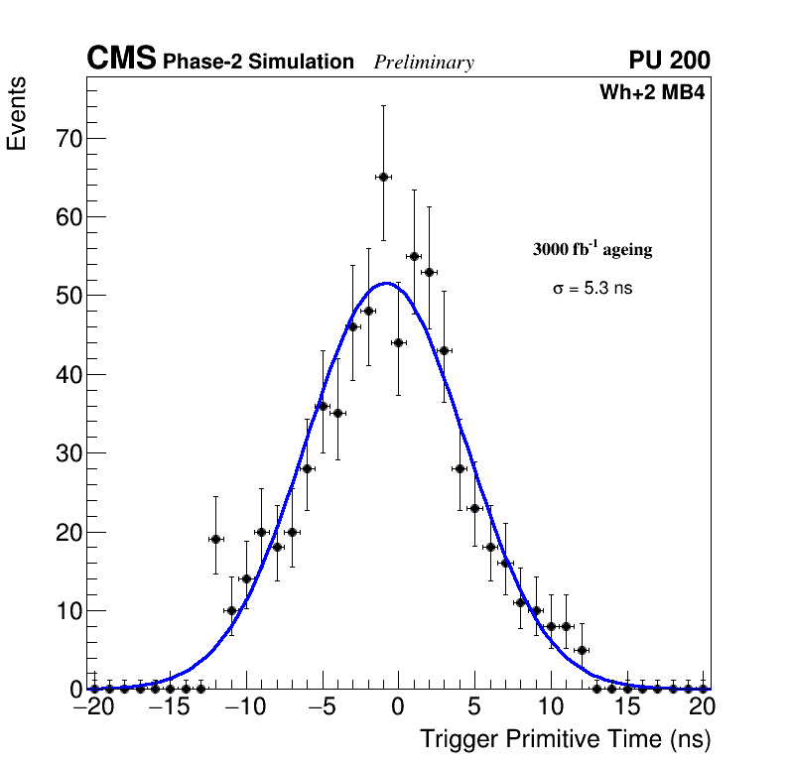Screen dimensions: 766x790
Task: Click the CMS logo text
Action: point(121,60)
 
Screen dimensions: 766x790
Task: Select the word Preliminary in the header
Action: point(424,64)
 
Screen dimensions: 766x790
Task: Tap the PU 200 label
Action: point(670,62)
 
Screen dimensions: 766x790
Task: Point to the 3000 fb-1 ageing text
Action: point(592,249)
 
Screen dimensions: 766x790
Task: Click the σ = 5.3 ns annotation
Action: point(592,289)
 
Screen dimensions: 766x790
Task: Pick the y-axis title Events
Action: point(17,114)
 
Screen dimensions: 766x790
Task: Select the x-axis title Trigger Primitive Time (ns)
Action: point(565,739)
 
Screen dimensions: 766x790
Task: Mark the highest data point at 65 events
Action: point(383,177)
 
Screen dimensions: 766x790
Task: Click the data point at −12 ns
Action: point(215,539)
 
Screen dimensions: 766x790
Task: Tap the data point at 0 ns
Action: point(398,342)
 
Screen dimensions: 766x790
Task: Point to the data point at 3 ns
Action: point(445,350)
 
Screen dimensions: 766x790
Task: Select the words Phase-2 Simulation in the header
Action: point(258,63)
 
